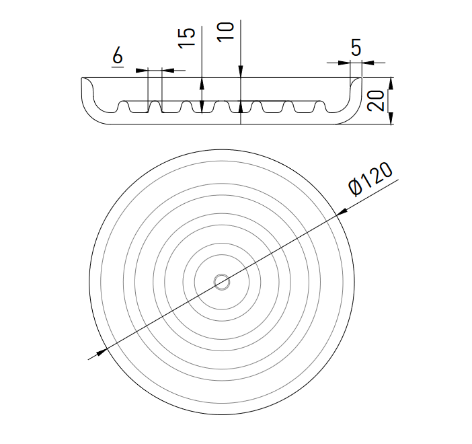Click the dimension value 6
[118, 55]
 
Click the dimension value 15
[187, 38]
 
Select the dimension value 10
[225, 32]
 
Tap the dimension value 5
[356, 48]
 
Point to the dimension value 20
[376, 101]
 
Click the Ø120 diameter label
[370, 179]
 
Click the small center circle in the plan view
[222, 283]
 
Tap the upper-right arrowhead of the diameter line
[342, 213]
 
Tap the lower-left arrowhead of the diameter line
[101, 352]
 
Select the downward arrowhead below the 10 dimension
[241, 72]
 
